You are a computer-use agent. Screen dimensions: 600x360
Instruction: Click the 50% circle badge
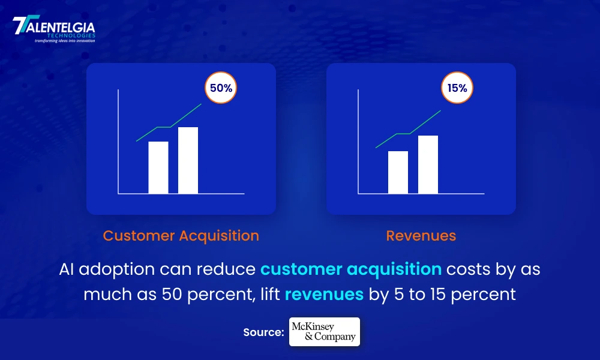click(221, 88)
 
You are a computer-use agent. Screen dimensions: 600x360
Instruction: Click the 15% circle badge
click(457, 88)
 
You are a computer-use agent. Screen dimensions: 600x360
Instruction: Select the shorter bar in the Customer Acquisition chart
click(158, 167)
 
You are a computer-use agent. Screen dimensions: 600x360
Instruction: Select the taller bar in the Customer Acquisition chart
click(188, 160)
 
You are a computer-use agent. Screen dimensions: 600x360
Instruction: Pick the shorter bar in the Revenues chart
click(398, 172)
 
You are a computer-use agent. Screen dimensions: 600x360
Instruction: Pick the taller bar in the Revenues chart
click(428, 164)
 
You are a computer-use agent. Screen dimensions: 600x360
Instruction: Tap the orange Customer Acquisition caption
click(181, 236)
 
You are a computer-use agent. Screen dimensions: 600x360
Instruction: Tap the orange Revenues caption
click(421, 236)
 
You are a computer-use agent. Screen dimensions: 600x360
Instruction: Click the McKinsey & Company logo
click(325, 332)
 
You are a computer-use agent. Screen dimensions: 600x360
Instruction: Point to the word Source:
click(263, 332)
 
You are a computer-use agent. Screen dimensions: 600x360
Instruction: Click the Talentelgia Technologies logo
click(54, 29)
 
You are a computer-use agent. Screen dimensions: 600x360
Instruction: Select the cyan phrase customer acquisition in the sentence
click(351, 269)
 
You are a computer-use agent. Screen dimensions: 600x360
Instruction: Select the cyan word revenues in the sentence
click(324, 294)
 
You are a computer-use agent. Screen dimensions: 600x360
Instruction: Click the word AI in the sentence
click(66, 269)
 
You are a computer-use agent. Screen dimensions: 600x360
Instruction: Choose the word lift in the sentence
click(271, 293)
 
